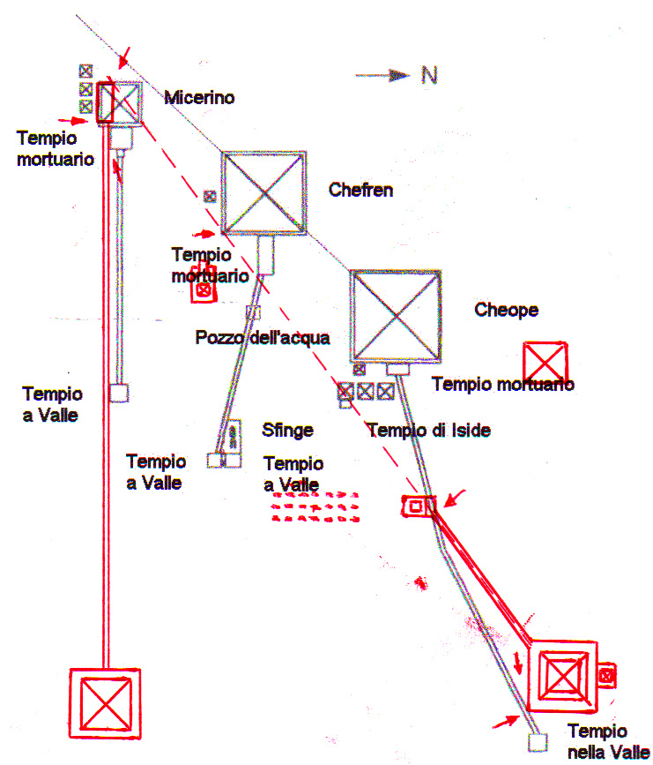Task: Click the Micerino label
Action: [x=199, y=98]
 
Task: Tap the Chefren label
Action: [x=360, y=190]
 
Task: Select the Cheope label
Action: [x=507, y=310]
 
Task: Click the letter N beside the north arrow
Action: [x=429, y=76]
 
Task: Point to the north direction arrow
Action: [x=382, y=75]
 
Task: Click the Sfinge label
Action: [x=287, y=431]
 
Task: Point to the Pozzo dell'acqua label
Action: [x=263, y=338]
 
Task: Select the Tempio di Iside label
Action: [x=429, y=431]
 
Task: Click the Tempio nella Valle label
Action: [x=609, y=741]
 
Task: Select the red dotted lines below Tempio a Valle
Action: [x=315, y=507]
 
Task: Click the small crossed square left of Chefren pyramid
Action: [x=210, y=196]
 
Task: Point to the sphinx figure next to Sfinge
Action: [x=234, y=436]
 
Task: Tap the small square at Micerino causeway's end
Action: [x=118, y=393]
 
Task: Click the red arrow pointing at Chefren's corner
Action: [x=204, y=235]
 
